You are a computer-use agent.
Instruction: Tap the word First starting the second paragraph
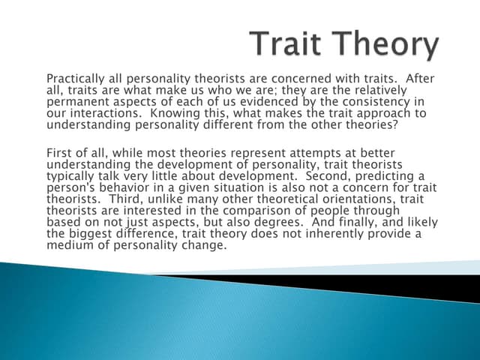60,153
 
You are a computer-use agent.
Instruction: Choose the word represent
241,153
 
